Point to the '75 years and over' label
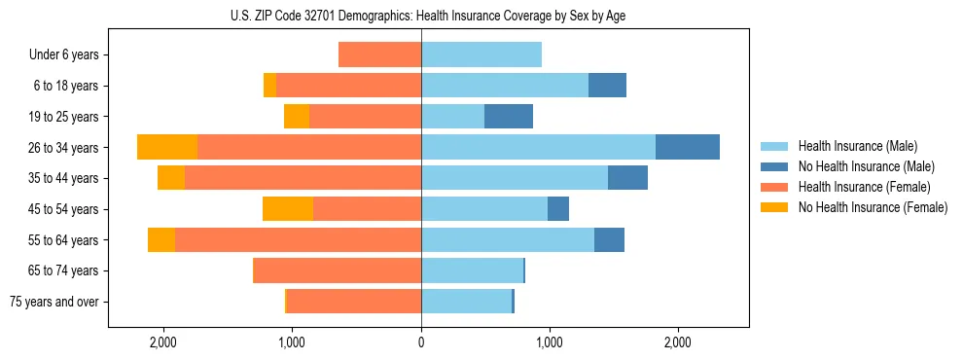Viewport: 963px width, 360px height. (x=53, y=302)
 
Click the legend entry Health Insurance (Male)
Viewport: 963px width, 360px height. (x=856, y=146)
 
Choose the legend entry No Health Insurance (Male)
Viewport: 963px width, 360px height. (x=866, y=166)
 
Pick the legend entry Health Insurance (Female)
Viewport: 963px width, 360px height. (x=864, y=187)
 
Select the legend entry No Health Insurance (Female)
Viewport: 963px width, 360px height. (x=873, y=207)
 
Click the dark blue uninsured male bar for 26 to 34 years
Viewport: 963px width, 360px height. (x=688, y=147)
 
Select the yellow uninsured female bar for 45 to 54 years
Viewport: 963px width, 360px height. (x=288, y=209)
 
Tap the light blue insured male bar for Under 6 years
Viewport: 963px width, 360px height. (x=481, y=55)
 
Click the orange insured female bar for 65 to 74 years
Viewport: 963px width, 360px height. (x=338, y=270)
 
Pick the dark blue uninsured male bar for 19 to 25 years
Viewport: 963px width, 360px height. (x=509, y=117)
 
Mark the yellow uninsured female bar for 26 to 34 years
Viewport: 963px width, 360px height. (x=167, y=147)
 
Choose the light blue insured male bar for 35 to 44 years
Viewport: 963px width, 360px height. (x=515, y=178)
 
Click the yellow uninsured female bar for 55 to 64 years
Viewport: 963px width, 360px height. (x=161, y=240)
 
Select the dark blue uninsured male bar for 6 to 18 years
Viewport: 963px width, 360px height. (x=607, y=86)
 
